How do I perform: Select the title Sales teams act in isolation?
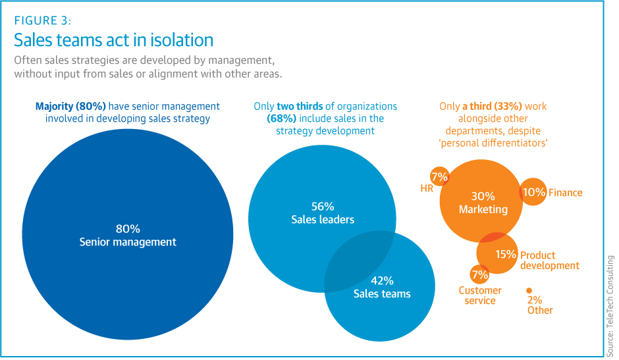point(114,40)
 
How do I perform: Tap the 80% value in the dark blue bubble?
point(128,229)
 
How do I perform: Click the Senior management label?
point(128,242)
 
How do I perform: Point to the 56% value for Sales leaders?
point(323,206)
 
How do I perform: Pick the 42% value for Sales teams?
point(382,280)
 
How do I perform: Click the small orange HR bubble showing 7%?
point(439,176)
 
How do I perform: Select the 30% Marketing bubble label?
point(483,203)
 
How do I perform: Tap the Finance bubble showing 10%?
point(534,192)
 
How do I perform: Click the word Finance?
point(566,193)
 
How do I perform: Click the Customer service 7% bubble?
point(479,274)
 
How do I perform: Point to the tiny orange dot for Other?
point(529,290)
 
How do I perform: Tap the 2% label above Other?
point(535,300)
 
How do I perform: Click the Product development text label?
point(549,261)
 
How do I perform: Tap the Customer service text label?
point(480,296)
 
